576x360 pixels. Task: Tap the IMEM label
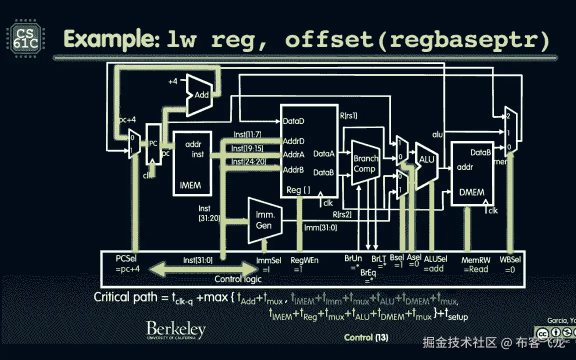click(190, 185)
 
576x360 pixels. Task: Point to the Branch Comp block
click(366, 163)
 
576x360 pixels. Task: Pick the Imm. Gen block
click(263, 220)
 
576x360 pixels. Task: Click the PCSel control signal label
click(126, 259)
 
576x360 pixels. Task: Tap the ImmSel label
click(268, 260)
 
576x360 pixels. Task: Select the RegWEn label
click(304, 260)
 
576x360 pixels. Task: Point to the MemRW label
click(472, 260)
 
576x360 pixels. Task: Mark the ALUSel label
click(435, 259)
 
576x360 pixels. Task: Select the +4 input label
click(172, 81)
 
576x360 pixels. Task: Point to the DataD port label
click(293, 121)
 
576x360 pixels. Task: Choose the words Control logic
click(238, 279)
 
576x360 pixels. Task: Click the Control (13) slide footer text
click(366, 337)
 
